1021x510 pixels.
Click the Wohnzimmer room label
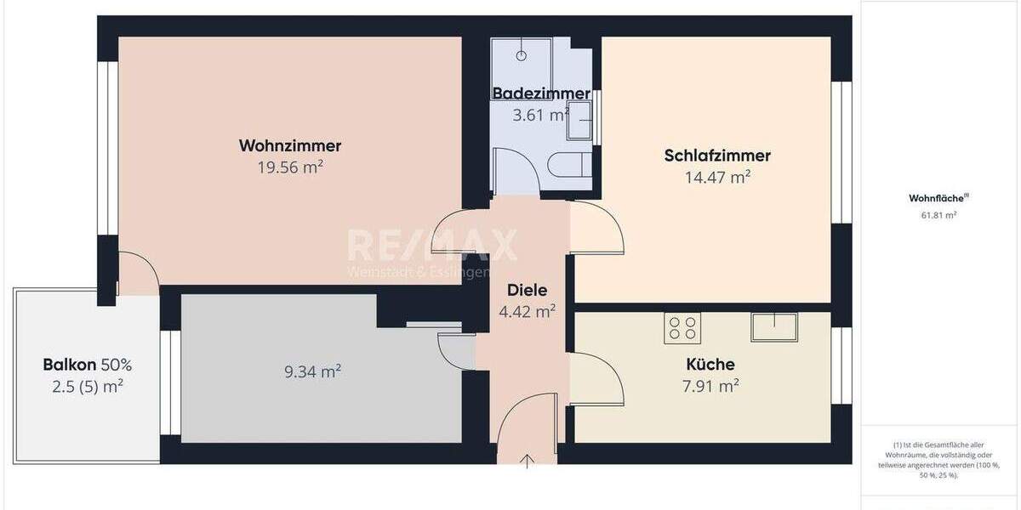(290, 146)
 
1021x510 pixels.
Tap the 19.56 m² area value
(290, 167)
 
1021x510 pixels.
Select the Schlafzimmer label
(717, 156)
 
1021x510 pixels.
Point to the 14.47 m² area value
(717, 178)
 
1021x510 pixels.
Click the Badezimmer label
(541, 93)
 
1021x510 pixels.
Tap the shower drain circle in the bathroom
(522, 55)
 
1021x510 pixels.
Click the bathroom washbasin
(579, 120)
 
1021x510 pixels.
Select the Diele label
(527, 290)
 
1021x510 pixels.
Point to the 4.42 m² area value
(527, 311)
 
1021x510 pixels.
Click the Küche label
(710, 365)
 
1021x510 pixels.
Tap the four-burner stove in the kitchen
(681, 329)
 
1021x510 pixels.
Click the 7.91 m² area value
(712, 387)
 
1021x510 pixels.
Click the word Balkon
(70, 365)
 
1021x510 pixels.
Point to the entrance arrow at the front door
(528, 462)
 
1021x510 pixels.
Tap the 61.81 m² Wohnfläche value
(938, 215)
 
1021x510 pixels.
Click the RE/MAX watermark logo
(431, 246)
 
